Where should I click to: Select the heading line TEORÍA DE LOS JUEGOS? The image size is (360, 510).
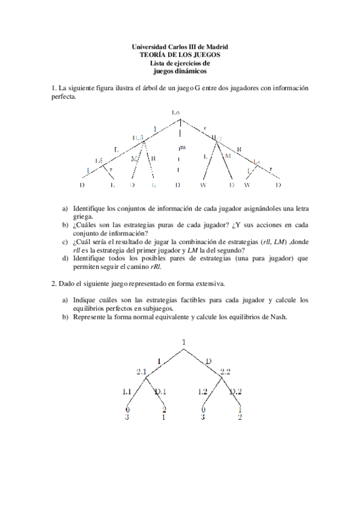click(180, 54)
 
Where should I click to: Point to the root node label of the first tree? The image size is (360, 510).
click(175, 112)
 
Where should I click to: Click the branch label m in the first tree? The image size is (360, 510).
click(182, 147)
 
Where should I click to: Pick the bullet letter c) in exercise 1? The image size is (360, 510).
click(65, 241)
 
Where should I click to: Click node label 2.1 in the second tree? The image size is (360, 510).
click(142, 372)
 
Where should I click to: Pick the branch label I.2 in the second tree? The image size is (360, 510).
click(203, 392)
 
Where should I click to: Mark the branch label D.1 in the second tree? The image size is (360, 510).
click(162, 392)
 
